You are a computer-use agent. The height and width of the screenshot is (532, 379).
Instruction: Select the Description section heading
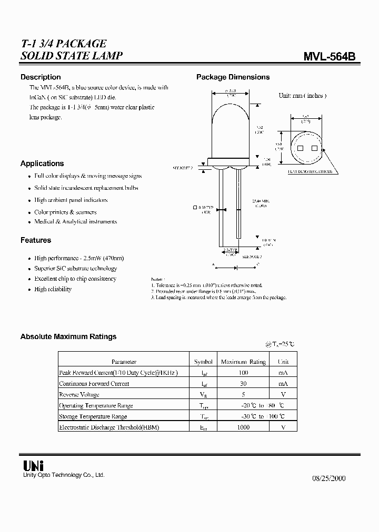(x=41, y=77)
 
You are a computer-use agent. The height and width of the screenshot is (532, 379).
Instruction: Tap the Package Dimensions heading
(x=233, y=77)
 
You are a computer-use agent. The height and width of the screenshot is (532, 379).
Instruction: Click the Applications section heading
(x=42, y=163)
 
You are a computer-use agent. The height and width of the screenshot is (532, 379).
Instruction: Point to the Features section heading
(x=36, y=240)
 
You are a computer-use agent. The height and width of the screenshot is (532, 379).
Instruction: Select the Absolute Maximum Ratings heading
(x=68, y=336)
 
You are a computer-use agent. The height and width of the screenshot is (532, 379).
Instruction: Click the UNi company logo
(x=33, y=466)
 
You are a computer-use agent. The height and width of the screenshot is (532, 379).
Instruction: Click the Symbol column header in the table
(x=203, y=362)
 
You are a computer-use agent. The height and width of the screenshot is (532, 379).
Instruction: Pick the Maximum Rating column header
(x=243, y=362)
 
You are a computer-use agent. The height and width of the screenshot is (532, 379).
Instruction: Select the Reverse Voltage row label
(x=79, y=394)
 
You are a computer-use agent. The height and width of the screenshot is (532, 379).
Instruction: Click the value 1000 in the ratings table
(x=243, y=427)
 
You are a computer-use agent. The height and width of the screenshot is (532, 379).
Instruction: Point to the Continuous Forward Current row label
(x=94, y=383)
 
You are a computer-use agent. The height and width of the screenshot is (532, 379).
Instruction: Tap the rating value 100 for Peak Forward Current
(x=243, y=373)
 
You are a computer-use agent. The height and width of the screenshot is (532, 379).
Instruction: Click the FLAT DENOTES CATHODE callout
(x=310, y=172)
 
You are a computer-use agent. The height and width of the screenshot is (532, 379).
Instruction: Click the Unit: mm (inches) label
(x=302, y=96)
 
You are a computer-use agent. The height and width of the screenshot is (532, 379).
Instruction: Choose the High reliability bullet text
(x=53, y=289)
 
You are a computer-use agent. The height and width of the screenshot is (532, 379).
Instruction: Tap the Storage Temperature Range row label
(x=93, y=416)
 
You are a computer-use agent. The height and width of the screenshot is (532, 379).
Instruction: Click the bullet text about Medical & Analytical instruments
(x=75, y=222)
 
